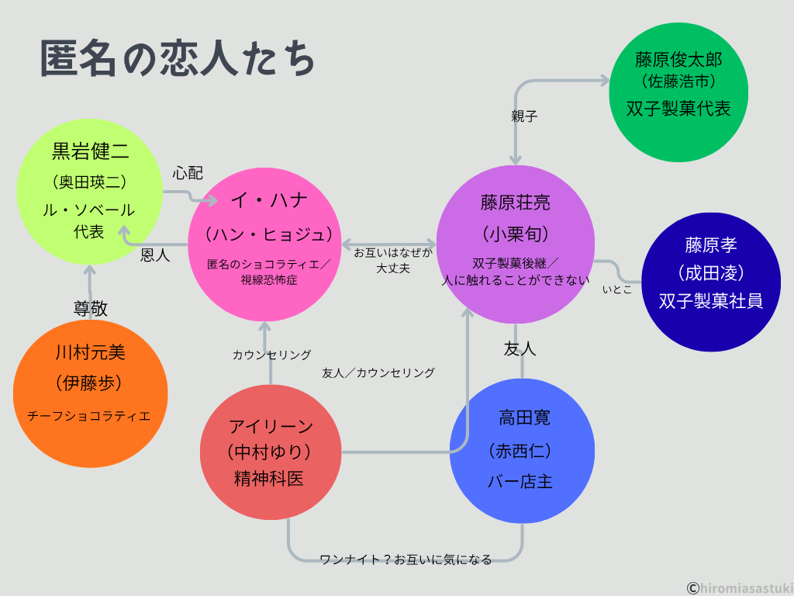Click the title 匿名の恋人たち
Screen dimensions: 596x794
coord(178,60)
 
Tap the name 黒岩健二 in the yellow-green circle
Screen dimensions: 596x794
coord(90,151)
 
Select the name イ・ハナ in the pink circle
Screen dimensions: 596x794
coord(269,200)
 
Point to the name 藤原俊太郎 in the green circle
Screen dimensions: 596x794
coord(678,60)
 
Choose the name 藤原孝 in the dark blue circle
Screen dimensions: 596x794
coord(710,245)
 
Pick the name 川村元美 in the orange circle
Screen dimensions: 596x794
coord(90,353)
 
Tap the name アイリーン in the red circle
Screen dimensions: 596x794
coord(271,425)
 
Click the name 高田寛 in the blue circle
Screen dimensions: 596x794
coord(524,418)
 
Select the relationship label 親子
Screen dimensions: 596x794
coord(524,116)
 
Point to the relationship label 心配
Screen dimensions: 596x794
coord(187,172)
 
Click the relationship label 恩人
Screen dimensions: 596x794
coord(155,255)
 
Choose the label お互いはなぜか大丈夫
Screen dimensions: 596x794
coord(393,261)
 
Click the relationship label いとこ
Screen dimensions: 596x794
coord(617,289)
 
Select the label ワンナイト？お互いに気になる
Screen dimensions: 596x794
coord(406,560)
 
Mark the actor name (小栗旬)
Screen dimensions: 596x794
coord(516,234)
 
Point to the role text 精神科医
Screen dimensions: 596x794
coord(269,479)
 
